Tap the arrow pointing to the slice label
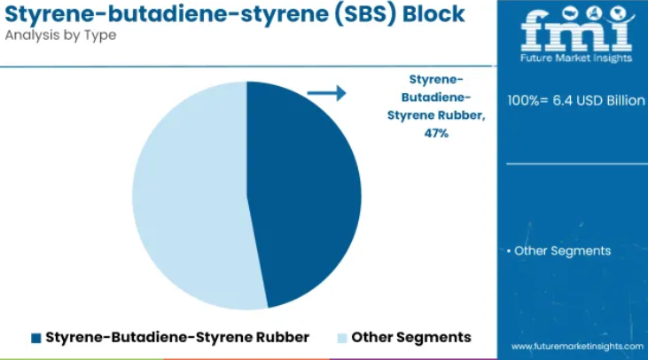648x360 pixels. [326, 93]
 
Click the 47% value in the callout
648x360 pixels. [436, 133]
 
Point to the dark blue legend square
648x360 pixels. [36, 338]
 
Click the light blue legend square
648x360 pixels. [342, 338]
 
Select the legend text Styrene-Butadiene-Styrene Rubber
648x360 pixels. [177, 337]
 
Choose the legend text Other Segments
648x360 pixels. [411, 338]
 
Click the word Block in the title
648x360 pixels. [433, 13]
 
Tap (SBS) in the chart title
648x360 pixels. [365, 14]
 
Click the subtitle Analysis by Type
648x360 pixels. [61, 35]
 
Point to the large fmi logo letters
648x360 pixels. [576, 31]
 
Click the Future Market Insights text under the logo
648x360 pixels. [576, 58]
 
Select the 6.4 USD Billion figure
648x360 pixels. [598, 100]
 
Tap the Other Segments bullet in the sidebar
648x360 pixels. [558, 251]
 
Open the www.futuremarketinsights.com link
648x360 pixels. [577, 347]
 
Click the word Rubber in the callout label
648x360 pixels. [465, 115]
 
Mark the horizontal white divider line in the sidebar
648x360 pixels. [577, 164]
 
